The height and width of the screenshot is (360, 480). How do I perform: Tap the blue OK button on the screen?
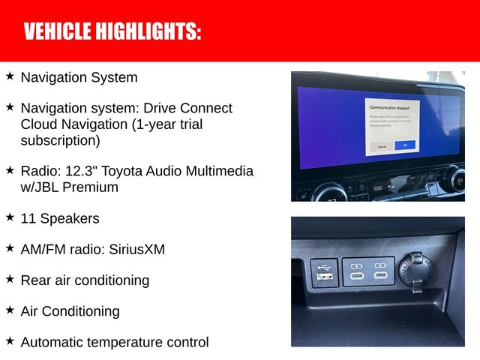click(x=404, y=145)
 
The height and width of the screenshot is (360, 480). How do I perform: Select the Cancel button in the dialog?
click(x=382, y=146)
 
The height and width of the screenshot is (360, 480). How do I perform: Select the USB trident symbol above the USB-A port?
click(x=324, y=265)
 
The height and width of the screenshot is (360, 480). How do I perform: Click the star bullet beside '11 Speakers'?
click(x=10, y=217)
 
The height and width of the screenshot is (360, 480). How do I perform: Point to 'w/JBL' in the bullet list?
click(x=39, y=187)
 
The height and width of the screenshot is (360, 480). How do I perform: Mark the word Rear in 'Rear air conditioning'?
click(x=35, y=280)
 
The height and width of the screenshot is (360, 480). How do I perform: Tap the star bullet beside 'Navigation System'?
click(x=10, y=76)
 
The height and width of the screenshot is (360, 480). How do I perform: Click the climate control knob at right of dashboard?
click(x=455, y=179)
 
